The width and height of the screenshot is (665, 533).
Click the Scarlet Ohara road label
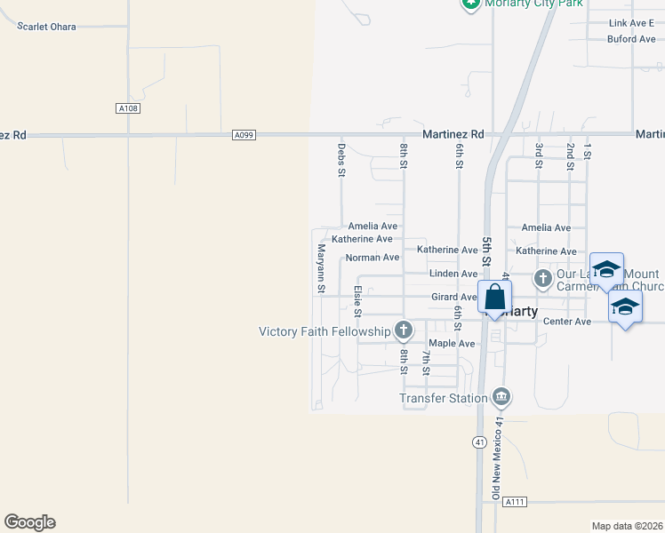[x=46, y=27]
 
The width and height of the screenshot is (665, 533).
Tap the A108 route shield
[x=128, y=108]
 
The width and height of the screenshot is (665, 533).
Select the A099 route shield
[x=244, y=135]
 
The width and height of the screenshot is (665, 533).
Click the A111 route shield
[x=515, y=502]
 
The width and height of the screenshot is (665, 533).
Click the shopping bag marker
[x=494, y=298]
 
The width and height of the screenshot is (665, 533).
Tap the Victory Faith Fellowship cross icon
[x=404, y=331]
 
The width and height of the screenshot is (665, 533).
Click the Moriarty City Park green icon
[x=471, y=4]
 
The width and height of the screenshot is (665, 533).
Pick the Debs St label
[x=341, y=159]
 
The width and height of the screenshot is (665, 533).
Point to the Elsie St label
[x=357, y=300]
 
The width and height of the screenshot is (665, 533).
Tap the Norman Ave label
[x=372, y=258]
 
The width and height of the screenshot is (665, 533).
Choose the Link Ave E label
[x=631, y=23]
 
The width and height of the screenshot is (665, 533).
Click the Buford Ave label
[x=631, y=39]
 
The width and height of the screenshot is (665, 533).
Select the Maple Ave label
[x=452, y=343]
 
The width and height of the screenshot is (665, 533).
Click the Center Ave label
[x=566, y=321]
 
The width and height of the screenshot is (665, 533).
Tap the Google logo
[x=29, y=522]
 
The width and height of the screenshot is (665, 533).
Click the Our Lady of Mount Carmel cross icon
[x=542, y=279]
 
